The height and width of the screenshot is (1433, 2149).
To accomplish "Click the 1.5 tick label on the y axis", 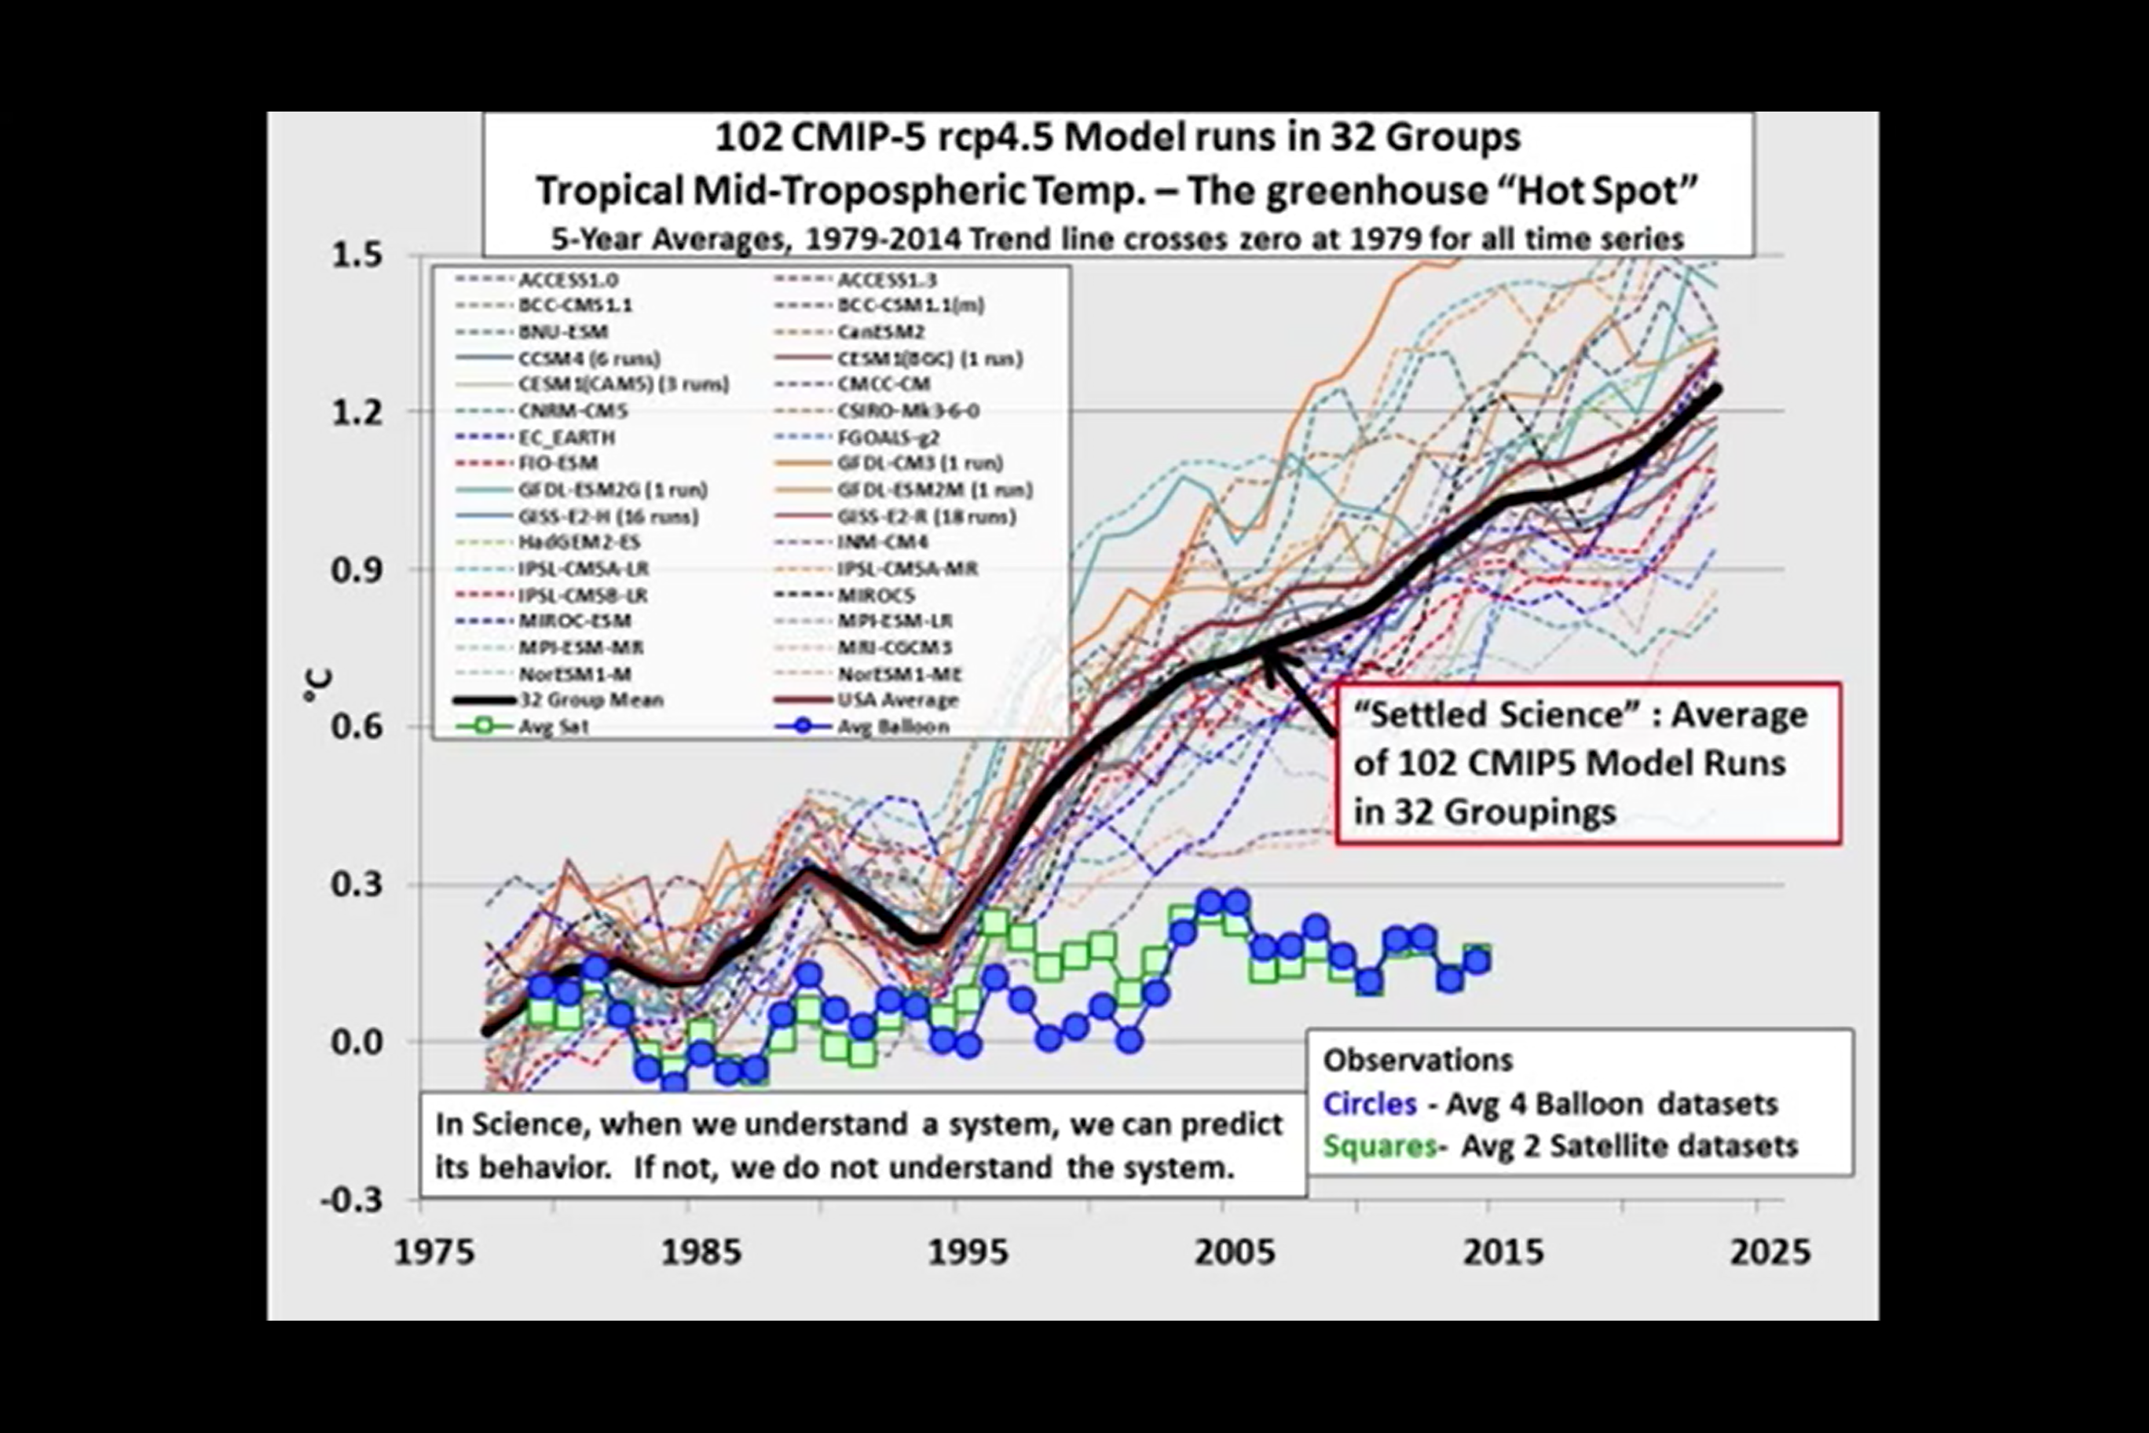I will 357,255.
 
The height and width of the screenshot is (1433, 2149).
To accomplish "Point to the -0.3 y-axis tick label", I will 351,1199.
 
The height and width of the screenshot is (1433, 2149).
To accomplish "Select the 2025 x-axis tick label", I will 1769,1252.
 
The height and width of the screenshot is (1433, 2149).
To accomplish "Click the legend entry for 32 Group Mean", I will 590,700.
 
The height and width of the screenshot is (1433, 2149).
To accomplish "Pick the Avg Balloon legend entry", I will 893,727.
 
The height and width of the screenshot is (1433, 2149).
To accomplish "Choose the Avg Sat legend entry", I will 554,727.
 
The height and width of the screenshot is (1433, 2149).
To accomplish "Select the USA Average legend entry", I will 897,700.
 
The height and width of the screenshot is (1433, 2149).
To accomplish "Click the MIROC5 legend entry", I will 875,595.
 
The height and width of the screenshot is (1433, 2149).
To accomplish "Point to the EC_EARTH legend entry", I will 566,437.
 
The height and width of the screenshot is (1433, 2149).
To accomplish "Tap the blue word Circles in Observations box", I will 1370,1104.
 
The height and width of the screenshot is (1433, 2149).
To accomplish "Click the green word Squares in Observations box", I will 1381,1146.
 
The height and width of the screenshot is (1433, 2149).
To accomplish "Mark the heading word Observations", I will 1418,1060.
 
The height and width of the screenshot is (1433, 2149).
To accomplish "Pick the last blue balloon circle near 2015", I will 1477,961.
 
